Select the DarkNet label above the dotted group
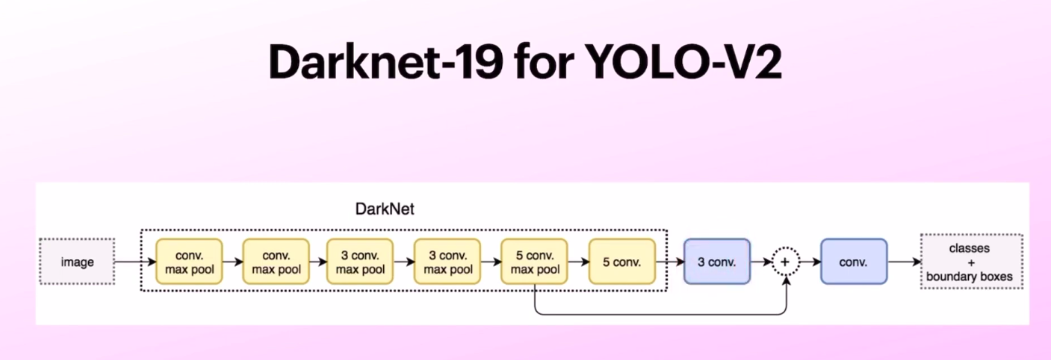tap(385, 209)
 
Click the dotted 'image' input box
tap(78, 262)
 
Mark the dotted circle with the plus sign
tap(786, 262)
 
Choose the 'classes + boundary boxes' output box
tap(970, 262)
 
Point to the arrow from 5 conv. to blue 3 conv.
tap(669, 262)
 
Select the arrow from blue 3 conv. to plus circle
tap(761, 262)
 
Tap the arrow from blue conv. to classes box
tap(903, 262)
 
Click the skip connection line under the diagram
tap(663, 314)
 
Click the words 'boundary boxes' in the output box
tap(970, 277)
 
